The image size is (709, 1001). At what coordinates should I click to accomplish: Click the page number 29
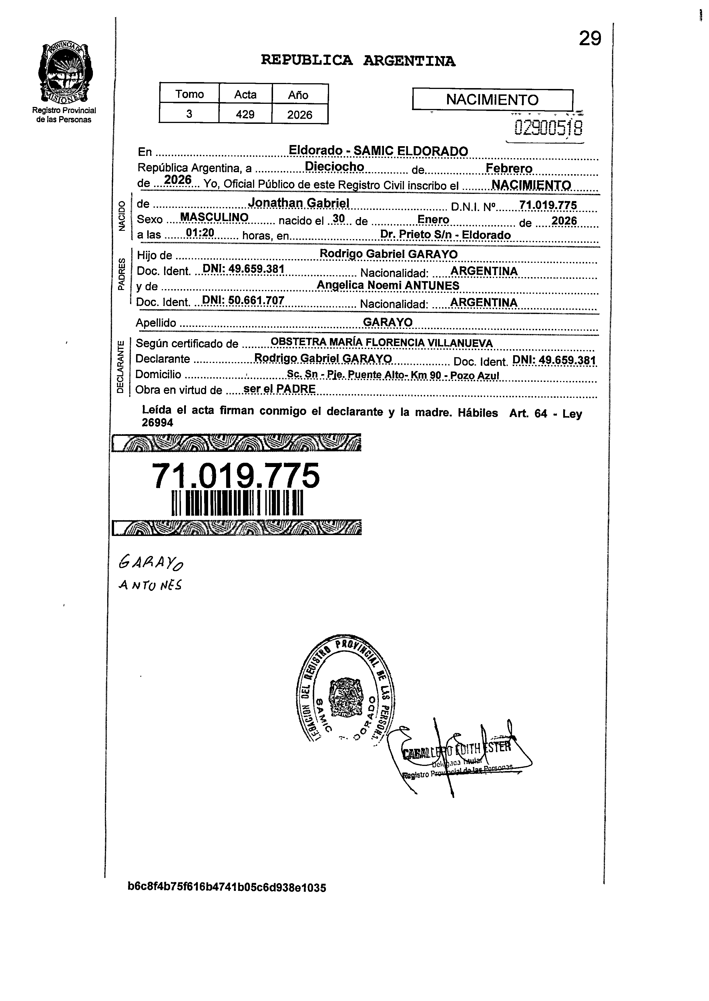[590, 39]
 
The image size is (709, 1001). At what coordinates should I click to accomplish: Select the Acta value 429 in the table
[245, 114]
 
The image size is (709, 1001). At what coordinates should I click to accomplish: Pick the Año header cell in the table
[300, 95]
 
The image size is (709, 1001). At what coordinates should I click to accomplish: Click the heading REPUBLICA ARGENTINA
[358, 61]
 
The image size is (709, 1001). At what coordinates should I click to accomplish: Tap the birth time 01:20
[200, 233]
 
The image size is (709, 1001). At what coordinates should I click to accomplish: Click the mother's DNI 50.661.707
[243, 301]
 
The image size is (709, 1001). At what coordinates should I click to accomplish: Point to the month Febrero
[509, 168]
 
